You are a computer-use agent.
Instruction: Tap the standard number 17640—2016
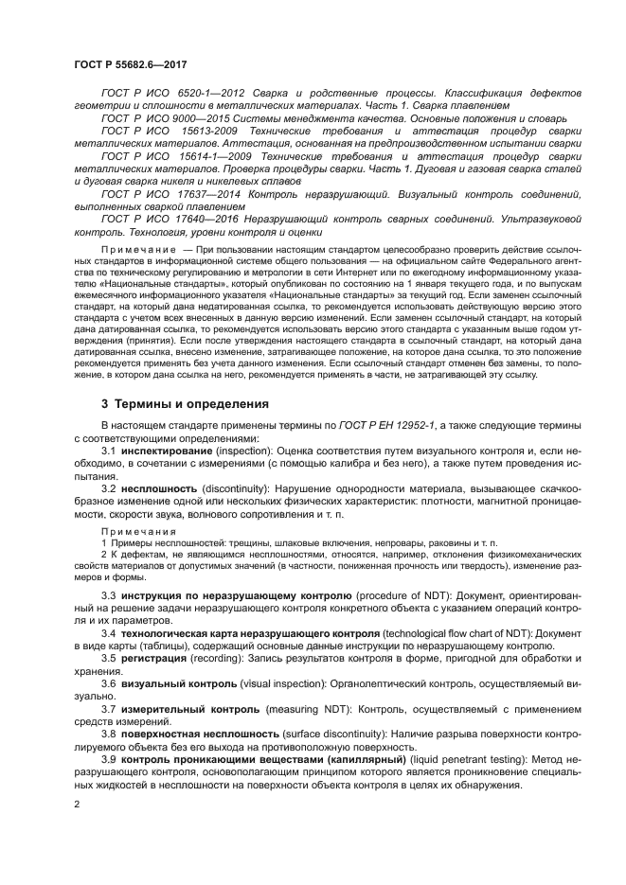click(x=208, y=218)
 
